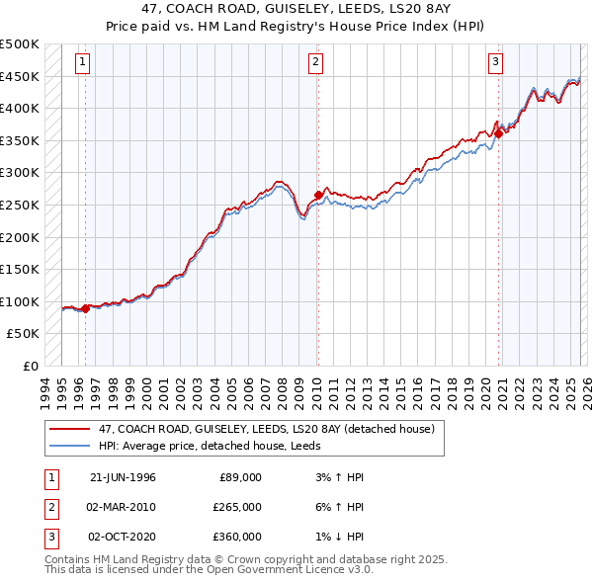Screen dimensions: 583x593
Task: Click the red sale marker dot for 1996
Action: tap(86, 308)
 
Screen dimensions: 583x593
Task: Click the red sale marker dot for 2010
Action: tap(318, 195)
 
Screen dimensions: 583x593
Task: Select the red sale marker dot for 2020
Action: tap(499, 134)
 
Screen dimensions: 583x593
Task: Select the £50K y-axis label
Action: tap(24, 334)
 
